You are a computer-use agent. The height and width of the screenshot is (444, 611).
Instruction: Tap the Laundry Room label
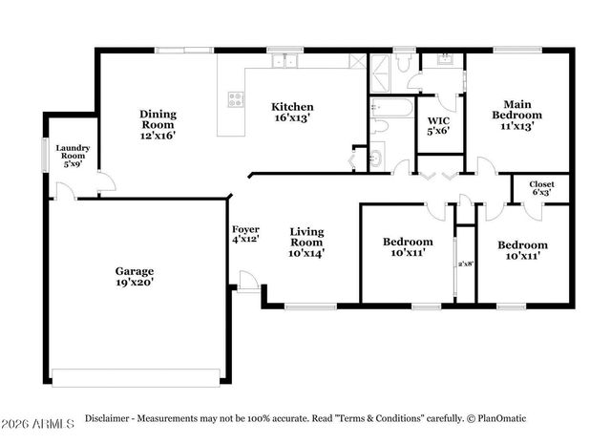pos(73,155)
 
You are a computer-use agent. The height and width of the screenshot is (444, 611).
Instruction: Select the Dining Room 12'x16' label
pos(158,124)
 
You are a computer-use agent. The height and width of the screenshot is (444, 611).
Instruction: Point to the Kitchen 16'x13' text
pos(292,113)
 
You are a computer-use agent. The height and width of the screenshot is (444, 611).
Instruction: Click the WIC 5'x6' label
pos(439,125)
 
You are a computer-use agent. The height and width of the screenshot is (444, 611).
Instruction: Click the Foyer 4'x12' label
pos(246,235)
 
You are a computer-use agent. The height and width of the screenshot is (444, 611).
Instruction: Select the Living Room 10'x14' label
pos(307,238)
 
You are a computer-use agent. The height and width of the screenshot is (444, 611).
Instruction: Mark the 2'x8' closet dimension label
pos(465,264)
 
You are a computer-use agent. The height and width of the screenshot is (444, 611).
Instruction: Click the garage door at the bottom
pos(137,370)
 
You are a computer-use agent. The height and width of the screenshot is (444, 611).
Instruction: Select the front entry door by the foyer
pos(247,281)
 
